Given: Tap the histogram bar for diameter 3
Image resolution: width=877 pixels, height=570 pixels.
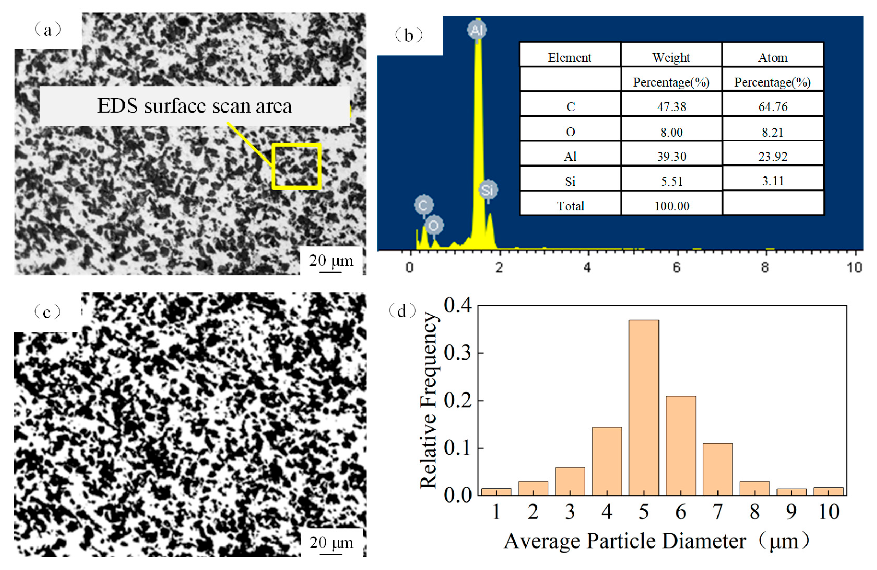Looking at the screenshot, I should click(570, 481).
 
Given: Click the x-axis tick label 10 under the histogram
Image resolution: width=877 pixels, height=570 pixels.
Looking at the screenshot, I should click(828, 512).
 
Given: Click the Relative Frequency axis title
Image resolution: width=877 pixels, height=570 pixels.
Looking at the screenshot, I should click(428, 400).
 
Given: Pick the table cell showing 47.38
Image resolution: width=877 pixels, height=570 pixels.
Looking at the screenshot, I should click(671, 107).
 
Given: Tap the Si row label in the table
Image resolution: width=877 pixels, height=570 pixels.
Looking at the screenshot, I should click(570, 181).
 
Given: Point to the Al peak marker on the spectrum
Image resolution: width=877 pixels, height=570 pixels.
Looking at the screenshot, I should click(477, 30).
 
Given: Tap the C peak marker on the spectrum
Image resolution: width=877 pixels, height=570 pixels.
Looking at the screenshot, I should click(423, 205).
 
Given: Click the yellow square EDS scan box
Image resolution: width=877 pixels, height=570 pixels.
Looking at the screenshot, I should click(297, 166).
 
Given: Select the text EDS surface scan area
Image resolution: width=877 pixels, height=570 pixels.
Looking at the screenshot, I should click(194, 106).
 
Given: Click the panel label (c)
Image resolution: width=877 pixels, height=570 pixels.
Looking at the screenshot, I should click(47, 312).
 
